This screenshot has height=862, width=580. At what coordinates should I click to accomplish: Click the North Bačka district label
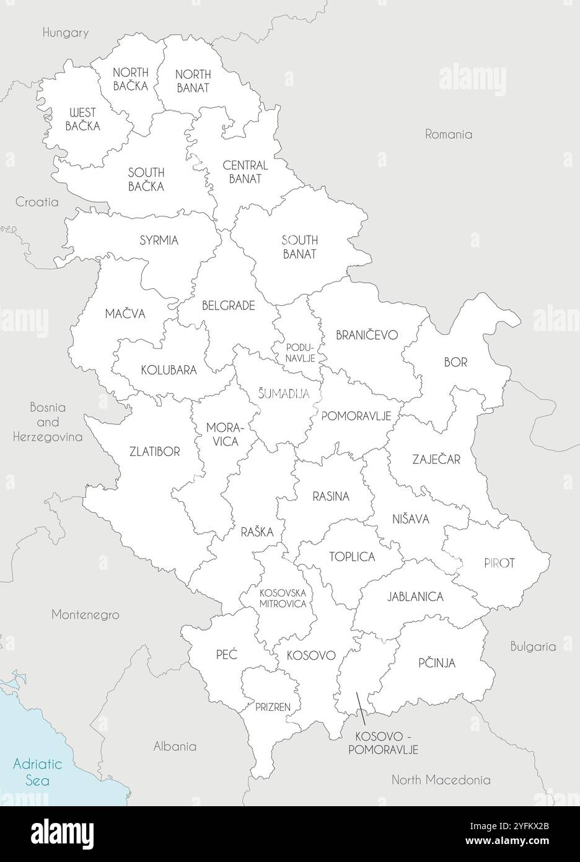[x=130, y=79]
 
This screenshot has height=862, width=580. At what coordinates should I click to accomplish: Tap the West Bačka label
[x=82, y=118]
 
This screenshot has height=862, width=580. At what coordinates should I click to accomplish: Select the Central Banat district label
[x=245, y=172]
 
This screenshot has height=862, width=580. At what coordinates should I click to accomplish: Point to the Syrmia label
[x=159, y=240]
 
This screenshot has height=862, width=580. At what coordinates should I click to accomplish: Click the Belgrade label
[x=229, y=305]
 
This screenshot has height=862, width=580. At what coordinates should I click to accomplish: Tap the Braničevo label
[x=367, y=335]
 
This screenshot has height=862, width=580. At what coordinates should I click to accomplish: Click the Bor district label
[x=455, y=362]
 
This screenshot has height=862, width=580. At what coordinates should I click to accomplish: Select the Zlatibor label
[x=155, y=451]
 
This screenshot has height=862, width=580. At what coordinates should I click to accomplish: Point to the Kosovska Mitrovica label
[x=283, y=598]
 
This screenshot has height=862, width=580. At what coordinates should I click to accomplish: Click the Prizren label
[x=273, y=706]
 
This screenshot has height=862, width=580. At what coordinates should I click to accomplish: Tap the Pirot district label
[x=499, y=564]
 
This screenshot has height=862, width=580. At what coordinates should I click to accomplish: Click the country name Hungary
[x=66, y=33]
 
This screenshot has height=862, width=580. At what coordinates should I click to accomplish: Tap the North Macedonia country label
[x=441, y=780]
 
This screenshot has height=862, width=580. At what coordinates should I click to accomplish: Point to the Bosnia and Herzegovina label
[x=48, y=422]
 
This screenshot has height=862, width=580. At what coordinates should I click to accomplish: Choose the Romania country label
[x=449, y=134]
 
